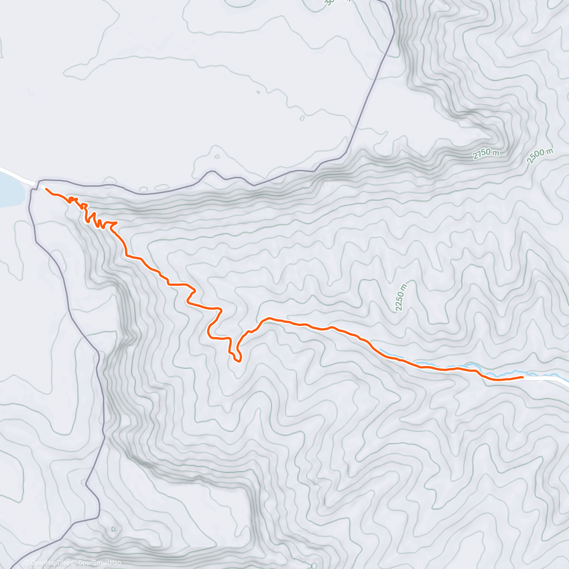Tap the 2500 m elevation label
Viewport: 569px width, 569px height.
click(x=540, y=156)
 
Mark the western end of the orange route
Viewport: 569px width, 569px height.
click(x=46, y=189)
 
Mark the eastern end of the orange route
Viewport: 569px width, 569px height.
click(x=522, y=377)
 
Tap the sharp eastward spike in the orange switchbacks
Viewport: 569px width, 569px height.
click(x=116, y=222)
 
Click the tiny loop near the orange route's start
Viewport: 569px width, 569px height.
click(x=71, y=199)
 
